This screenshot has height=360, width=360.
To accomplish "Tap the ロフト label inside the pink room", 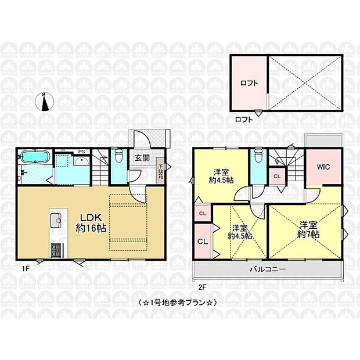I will tap(249, 83).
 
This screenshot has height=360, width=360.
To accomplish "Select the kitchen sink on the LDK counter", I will tap(56, 219).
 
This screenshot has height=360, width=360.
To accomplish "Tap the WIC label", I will tap(323, 167).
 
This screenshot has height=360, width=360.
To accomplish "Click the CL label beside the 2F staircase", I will tap(277, 175).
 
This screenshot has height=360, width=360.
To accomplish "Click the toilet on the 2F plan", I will tap(257, 155).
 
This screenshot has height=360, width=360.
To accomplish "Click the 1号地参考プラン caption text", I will tap(179, 302).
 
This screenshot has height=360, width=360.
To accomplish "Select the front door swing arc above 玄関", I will tap(141, 139).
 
